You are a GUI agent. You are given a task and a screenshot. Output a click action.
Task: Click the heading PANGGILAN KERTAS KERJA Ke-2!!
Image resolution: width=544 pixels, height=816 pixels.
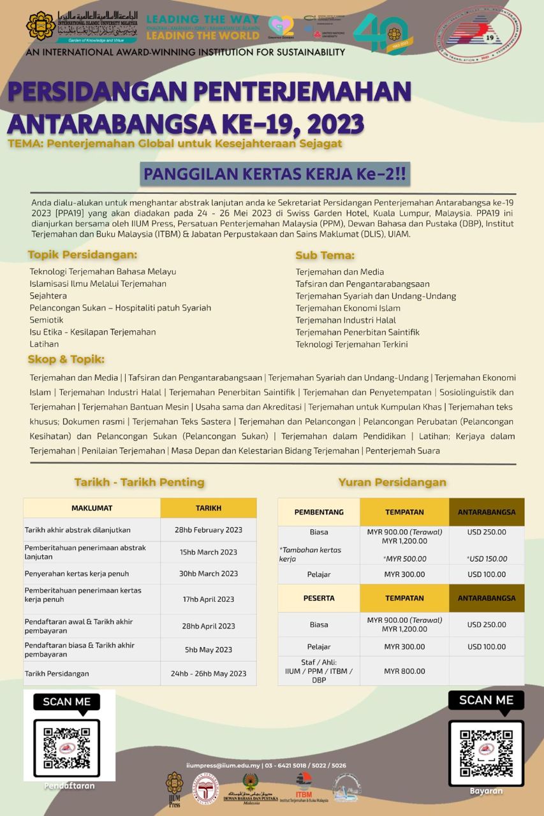tap(275, 173)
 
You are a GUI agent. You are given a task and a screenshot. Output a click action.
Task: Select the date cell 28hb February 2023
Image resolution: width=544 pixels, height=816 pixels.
tap(208, 530)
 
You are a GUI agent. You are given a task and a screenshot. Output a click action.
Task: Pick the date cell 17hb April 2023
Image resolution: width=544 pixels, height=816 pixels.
tap(208, 599)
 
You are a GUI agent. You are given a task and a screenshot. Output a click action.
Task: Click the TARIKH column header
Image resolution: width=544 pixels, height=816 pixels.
tap(208, 508)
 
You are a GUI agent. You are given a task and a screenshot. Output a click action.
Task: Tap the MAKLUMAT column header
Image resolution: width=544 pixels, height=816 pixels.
tap(92, 508)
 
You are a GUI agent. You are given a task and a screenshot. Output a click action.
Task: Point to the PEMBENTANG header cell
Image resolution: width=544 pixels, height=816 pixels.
tap(319, 512)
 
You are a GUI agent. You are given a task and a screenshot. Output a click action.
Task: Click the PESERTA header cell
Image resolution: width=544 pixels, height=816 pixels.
tap(319, 599)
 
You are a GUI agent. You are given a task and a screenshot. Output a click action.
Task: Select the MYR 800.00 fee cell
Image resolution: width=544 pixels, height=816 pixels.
tap(404, 671)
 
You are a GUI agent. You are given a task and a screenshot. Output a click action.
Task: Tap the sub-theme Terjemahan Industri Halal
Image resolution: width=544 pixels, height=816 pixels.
tap(346, 320)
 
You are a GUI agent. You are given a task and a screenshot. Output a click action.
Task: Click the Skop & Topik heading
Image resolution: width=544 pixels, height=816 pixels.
tap(66, 360)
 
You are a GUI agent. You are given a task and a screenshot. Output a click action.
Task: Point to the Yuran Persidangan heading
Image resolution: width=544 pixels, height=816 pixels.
tap(392, 482)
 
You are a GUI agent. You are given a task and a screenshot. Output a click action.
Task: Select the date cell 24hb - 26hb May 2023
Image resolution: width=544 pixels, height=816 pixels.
tap(208, 673)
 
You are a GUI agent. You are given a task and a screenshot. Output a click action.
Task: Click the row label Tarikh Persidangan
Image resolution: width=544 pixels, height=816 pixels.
tap(57, 673)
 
